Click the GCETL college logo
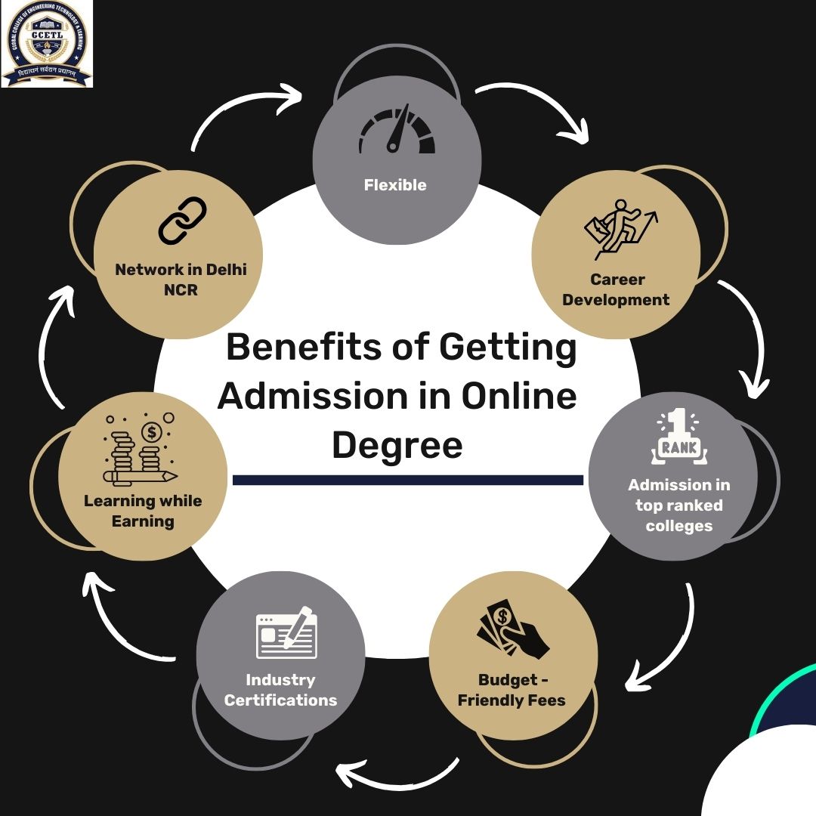pos(47,43)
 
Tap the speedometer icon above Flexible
pos(396,131)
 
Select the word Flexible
pos(395,185)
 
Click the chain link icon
pos(182,221)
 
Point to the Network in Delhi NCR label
pos(181,280)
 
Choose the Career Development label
pos(617,289)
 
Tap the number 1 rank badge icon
pos(679,437)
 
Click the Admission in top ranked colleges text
pos(679,505)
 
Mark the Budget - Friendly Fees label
pos(512,690)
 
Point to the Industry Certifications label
pos(280,690)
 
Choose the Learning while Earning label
pos(143,511)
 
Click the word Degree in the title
pos(397,444)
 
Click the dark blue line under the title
pos(408,480)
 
